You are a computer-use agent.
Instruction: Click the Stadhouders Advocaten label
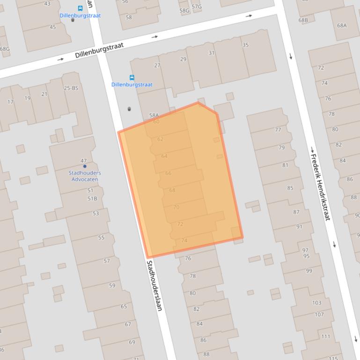[85, 176]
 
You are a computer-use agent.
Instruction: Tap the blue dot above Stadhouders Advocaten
[85, 166]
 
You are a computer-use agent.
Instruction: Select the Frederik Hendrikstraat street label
[321, 187]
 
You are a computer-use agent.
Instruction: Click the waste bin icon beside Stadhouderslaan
[129, 109]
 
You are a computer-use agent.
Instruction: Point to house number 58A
[154, 115]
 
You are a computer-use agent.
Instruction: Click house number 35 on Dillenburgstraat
[245, 45]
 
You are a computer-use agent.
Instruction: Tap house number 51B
[92, 199]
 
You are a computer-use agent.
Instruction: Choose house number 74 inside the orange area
[184, 241]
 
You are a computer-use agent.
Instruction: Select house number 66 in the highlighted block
[168, 173]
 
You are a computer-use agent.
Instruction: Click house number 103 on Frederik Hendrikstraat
[317, 303]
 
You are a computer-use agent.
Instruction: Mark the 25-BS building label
[71, 88]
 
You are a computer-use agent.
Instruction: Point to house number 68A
[342, 25]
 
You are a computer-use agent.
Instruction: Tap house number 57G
[197, 7]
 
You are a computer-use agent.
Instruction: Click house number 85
[290, 188]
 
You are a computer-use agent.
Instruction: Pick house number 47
[84, 161]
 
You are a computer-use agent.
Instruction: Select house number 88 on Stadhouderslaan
[206, 354]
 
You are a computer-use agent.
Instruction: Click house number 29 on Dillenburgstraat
[183, 59]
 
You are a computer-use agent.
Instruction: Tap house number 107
[319, 314]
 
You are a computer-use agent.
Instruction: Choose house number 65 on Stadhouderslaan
[124, 307]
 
